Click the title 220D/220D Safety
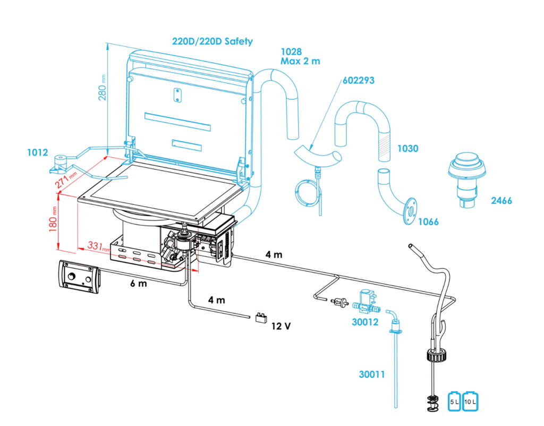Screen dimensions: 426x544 212,41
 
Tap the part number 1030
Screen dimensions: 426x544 407,149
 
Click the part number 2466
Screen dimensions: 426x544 501,200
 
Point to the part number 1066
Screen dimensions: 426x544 428,221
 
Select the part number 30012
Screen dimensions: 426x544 364,321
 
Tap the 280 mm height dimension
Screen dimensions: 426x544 103,88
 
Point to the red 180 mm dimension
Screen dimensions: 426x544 53,218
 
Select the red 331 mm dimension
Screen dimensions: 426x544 96,246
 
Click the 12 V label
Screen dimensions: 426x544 281,326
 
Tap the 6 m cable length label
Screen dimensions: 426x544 139,283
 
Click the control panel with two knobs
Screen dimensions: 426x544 79,276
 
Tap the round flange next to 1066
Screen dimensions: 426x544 410,211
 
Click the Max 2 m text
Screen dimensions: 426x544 300,61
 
